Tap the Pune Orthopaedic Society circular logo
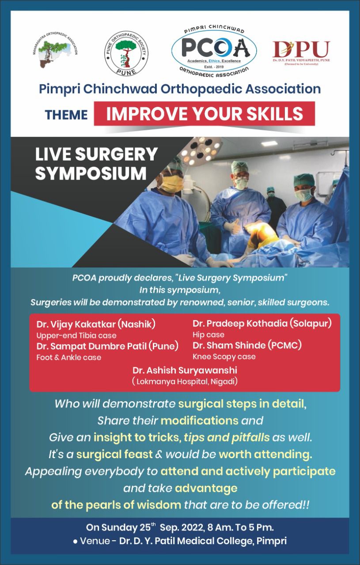click(126, 53)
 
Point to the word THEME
click(66, 115)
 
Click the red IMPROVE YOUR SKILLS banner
click(205, 113)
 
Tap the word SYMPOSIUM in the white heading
click(91, 173)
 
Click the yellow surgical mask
click(173, 183)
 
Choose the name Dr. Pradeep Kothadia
click(240, 324)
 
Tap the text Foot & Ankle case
click(68, 358)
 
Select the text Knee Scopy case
click(224, 357)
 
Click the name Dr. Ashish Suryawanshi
click(185, 370)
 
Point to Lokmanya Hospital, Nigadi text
click(185, 381)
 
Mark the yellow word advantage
click(206, 488)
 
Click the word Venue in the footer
click(95, 541)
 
